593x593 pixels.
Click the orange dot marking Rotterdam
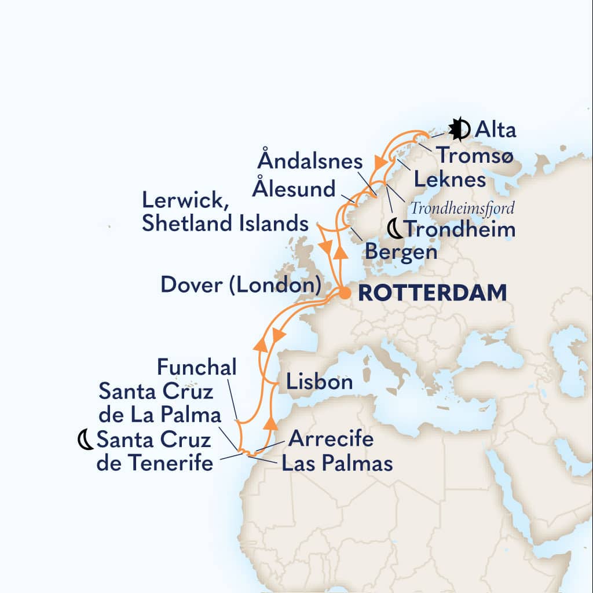click(x=345, y=294)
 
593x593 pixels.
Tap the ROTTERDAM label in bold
click(x=432, y=293)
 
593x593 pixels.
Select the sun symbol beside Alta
click(x=459, y=130)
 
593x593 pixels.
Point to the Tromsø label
click(x=474, y=155)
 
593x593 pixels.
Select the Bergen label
click(x=400, y=252)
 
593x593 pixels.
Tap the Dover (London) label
click(x=240, y=284)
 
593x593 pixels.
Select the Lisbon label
click(x=319, y=382)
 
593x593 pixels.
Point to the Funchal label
click(x=196, y=367)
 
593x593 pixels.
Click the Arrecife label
click(x=331, y=439)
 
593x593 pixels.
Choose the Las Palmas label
click(x=337, y=463)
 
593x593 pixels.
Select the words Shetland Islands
click(x=225, y=223)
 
